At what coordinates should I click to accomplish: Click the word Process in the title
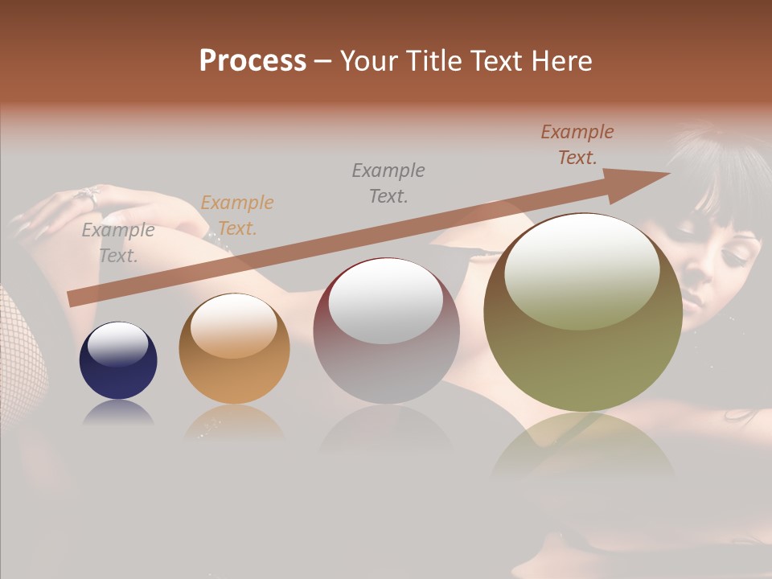pos(253,61)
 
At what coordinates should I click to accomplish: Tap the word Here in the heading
pos(561,61)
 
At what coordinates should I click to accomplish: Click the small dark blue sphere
pos(118,361)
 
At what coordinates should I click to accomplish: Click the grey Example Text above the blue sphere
pos(118,243)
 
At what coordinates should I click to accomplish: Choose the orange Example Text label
pos(237,216)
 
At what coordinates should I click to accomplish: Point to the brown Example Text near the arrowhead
pos(577,145)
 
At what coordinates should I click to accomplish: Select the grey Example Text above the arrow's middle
pos(388,183)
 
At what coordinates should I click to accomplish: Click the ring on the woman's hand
pos(87,194)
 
